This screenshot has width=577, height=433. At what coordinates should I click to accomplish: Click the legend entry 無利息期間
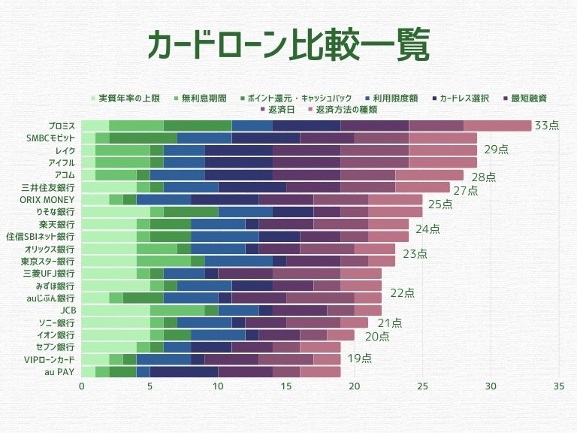[203, 98]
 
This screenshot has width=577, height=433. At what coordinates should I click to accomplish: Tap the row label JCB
[67, 310]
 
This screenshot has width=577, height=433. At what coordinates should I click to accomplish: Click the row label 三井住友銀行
[47, 187]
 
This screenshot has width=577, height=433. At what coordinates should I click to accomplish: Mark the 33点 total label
[546, 126]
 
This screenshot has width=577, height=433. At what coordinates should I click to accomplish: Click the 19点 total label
[360, 359]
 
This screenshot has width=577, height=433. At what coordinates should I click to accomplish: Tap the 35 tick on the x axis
[559, 386]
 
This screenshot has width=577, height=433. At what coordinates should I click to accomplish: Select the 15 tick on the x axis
[286, 386]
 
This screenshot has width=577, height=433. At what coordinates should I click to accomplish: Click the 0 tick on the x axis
[81, 386]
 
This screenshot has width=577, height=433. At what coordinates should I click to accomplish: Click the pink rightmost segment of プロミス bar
[497, 126]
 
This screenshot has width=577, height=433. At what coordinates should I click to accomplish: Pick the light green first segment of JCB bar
[115, 310]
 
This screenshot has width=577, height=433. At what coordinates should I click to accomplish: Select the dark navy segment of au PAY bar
[184, 371]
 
